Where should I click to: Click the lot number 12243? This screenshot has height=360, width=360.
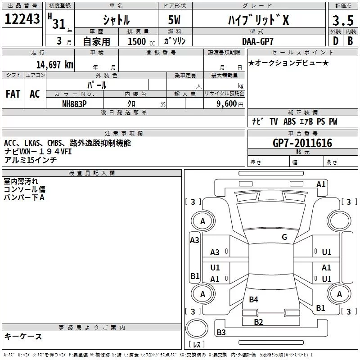[22, 19]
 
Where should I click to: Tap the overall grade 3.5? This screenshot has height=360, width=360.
[343, 20]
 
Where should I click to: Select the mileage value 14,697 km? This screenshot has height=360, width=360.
[55, 65]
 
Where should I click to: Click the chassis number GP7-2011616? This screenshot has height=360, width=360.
[302, 143]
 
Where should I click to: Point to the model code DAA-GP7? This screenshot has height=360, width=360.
[258, 41]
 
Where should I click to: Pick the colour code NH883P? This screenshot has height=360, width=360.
[74, 104]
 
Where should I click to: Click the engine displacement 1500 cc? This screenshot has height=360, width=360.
[141, 41]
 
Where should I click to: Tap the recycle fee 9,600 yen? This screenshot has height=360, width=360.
[230, 104]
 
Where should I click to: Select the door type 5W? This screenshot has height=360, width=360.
[174, 20]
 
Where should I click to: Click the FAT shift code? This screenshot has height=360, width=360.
[13, 94]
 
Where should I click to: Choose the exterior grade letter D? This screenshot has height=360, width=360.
[336, 41]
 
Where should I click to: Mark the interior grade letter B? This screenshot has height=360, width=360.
[350, 41]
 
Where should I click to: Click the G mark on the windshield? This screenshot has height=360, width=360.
[284, 237]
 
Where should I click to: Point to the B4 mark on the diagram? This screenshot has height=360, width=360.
[253, 300]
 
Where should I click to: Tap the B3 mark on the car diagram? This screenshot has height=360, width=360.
[221, 332]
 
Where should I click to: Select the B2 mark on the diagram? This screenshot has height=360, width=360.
[258, 322]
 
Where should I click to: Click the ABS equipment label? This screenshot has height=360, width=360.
[289, 121]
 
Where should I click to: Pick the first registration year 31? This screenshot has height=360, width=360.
[59, 24]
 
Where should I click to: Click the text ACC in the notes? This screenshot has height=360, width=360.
[10, 143]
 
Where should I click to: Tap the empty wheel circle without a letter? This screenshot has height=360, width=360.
[339, 221]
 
